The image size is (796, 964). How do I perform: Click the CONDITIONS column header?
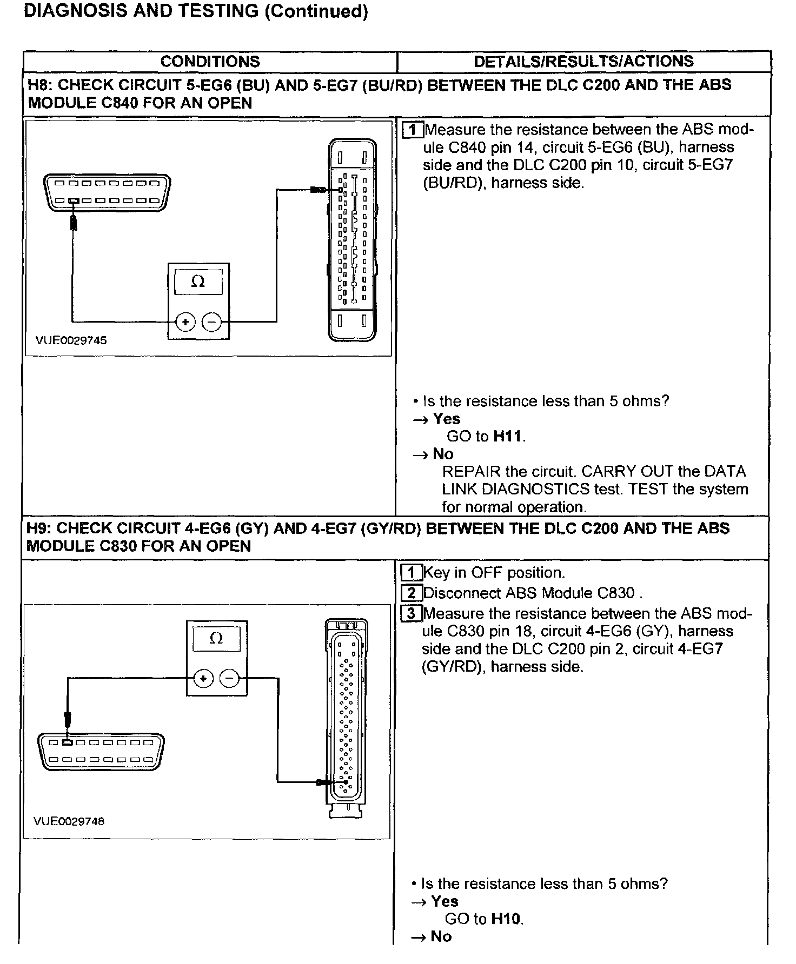(210, 62)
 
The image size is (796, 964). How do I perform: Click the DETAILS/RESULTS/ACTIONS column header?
(583, 61)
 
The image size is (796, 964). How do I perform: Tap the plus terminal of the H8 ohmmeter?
(185, 323)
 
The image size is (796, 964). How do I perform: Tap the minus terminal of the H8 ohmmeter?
(211, 323)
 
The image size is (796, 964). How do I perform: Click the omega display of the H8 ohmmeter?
(198, 282)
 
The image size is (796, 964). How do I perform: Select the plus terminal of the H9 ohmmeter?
(203, 678)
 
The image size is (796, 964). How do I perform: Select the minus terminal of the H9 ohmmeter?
(230, 678)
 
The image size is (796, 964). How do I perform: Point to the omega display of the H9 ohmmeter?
(216, 639)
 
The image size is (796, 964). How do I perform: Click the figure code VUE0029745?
(71, 340)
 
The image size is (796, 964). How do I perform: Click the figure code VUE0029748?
(69, 821)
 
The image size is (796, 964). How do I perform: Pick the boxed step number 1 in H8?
(413, 130)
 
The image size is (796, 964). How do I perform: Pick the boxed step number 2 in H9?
(412, 593)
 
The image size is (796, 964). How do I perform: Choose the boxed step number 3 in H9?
(412, 614)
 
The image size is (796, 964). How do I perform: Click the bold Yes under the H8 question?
(447, 419)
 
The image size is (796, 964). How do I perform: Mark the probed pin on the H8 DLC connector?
(73, 200)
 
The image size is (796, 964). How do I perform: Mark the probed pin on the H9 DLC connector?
(67, 742)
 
